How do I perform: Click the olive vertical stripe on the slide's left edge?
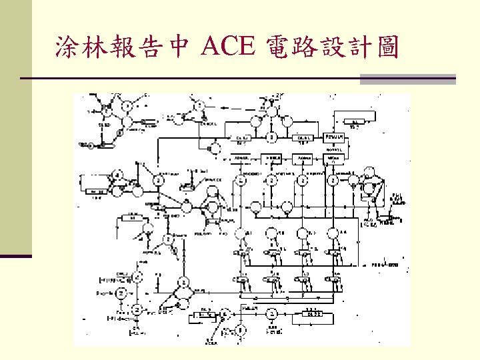click(16, 127)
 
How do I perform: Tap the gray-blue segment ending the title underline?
click(407, 79)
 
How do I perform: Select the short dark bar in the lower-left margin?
click(16, 255)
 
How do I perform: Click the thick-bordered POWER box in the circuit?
click(334, 138)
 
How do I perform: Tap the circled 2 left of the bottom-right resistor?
click(271, 313)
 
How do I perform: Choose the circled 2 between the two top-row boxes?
click(271, 138)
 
